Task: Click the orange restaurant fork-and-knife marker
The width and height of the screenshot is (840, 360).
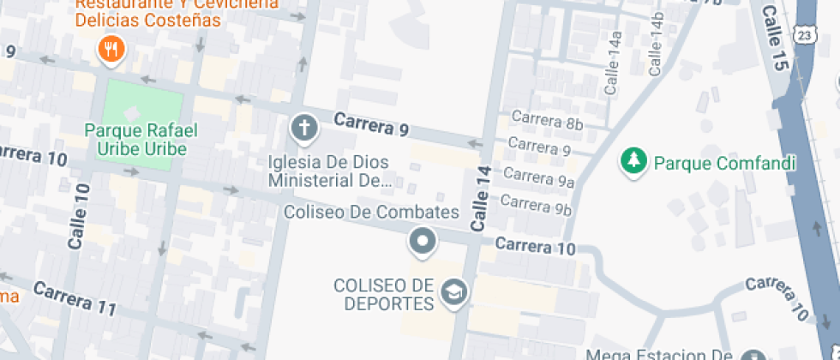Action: click(111, 50)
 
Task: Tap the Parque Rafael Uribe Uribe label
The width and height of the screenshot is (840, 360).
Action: click(141, 140)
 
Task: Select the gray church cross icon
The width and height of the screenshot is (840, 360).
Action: click(303, 129)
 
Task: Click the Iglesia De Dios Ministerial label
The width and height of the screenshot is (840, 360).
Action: click(329, 171)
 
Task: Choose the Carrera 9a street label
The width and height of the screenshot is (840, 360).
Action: click(538, 177)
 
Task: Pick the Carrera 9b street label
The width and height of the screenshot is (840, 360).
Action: click(536, 205)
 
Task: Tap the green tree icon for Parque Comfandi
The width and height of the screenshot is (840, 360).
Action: click(633, 161)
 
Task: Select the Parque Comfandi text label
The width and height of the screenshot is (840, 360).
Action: click(725, 163)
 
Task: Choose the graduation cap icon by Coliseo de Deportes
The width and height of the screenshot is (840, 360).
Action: click(452, 294)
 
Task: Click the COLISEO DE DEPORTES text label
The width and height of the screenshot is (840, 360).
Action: click(383, 294)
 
